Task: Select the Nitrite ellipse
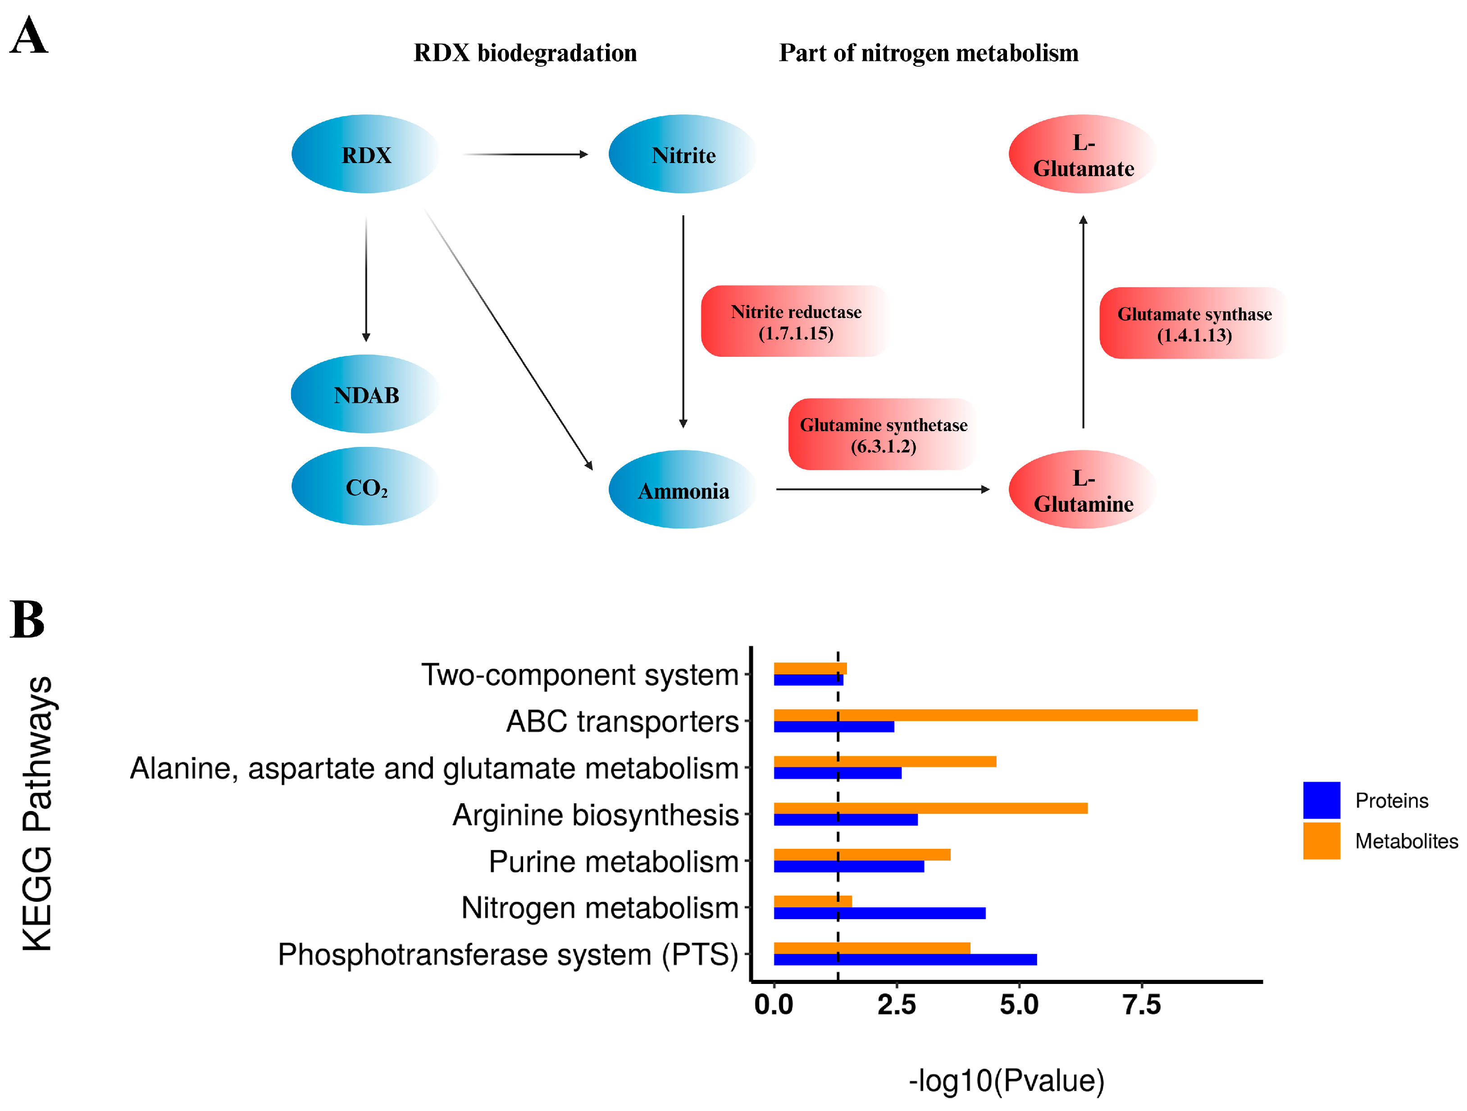(683, 154)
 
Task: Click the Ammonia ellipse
(683, 490)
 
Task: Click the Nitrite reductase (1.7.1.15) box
(795, 322)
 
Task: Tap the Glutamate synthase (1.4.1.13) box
(1194, 323)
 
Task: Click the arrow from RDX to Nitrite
(524, 155)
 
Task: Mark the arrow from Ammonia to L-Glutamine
(882, 490)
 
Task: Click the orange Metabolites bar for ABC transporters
(985, 715)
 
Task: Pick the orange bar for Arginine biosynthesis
(930, 808)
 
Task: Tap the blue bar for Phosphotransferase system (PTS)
(905, 960)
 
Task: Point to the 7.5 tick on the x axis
(1141, 1005)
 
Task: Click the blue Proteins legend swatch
(1321, 800)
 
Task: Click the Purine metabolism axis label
(614, 861)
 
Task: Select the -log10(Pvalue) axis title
(1006, 1080)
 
